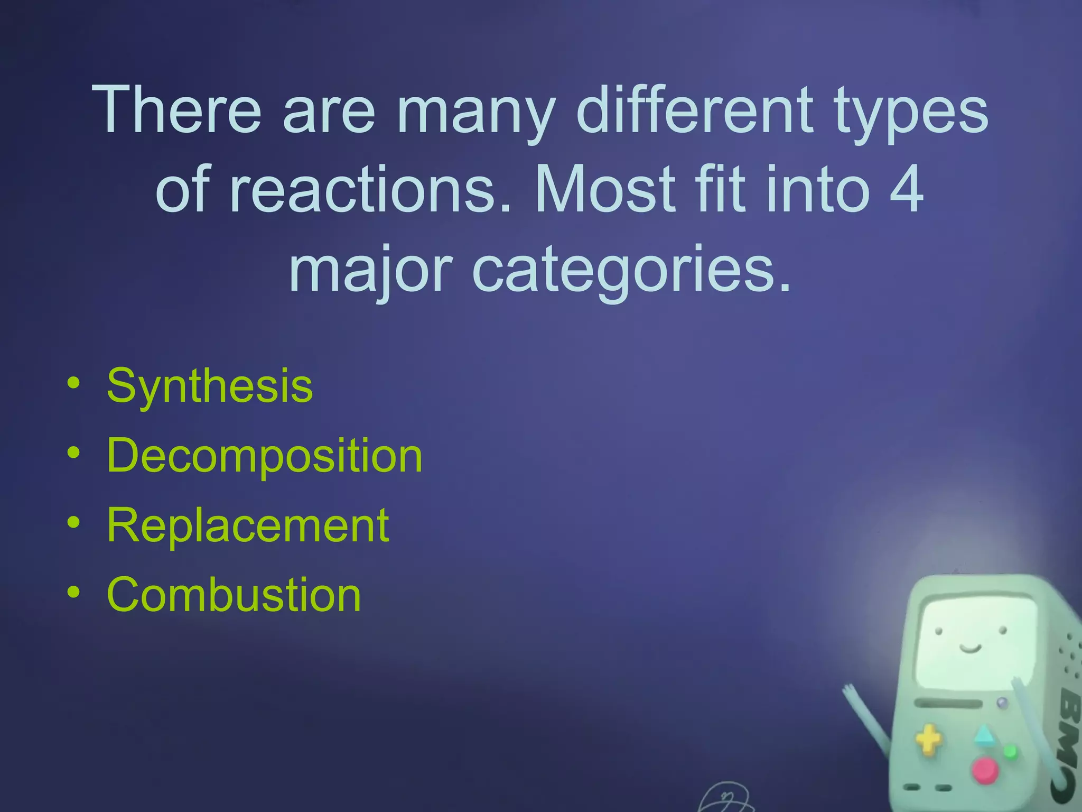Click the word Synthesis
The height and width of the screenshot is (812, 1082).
(x=210, y=385)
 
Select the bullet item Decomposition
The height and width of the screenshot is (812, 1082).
(x=264, y=455)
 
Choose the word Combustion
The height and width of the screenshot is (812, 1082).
(x=234, y=595)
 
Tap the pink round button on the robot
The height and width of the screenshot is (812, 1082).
(x=985, y=770)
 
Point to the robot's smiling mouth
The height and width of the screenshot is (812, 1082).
(x=971, y=648)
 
